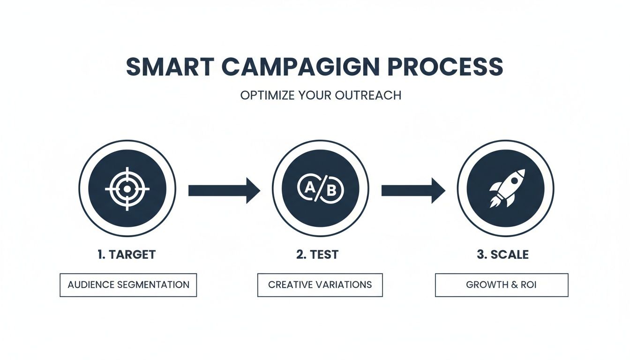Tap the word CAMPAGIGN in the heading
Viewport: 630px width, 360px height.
coord(300,67)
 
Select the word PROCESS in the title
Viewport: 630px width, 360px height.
coord(445,67)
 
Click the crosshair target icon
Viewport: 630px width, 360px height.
coord(127,189)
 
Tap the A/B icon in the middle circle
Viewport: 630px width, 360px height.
coord(321,189)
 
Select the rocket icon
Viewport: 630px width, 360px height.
coord(506,189)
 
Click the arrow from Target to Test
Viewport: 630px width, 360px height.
coord(224,190)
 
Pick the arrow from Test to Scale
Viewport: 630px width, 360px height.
coord(413,190)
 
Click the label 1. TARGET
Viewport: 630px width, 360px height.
coord(127,255)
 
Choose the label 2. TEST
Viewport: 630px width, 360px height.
coord(317,255)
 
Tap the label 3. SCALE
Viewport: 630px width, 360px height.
coord(502,255)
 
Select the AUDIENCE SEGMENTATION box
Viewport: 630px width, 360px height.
coord(128,285)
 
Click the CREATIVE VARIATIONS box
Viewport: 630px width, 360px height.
coord(320,285)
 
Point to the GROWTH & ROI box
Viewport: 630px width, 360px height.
coord(502,285)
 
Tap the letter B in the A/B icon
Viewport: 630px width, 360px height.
coord(331,191)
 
